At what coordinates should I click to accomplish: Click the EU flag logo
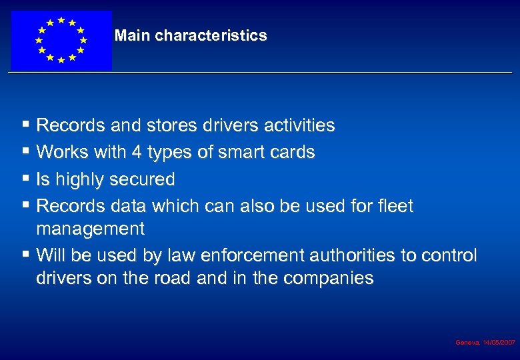pyautogui.click(x=61, y=40)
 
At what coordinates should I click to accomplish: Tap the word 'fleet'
pyautogui.click(x=395, y=207)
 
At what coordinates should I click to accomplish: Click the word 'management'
pyautogui.click(x=90, y=229)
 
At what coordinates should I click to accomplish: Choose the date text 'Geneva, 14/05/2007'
pyautogui.click(x=485, y=342)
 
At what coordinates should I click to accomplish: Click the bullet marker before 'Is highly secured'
pyautogui.click(x=25, y=179)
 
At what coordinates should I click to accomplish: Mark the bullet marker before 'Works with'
pyautogui.click(x=25, y=152)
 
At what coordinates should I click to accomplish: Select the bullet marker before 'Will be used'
pyautogui.click(x=25, y=255)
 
